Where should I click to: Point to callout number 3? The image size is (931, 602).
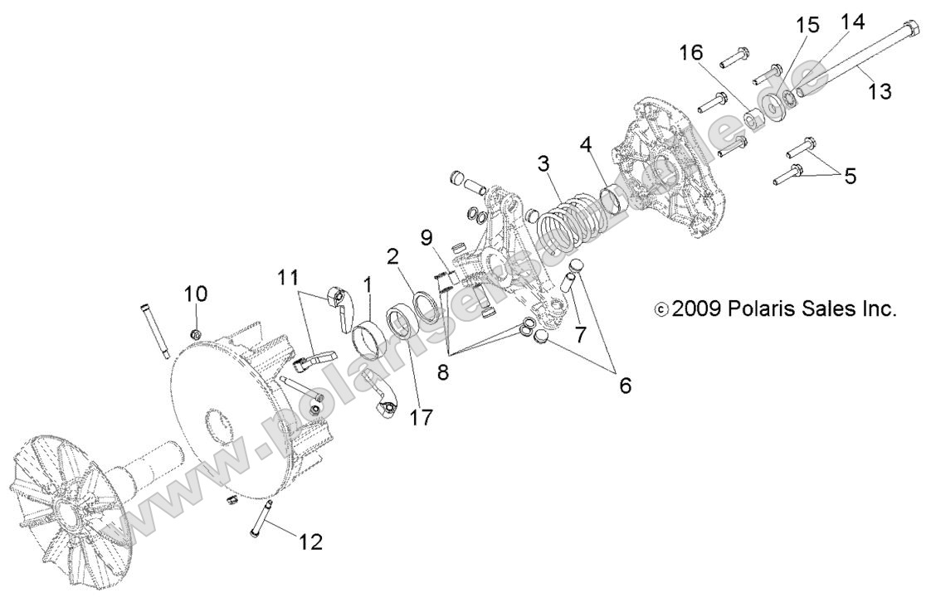(543, 163)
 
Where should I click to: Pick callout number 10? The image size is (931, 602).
(196, 294)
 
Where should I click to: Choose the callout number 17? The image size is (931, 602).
(421, 416)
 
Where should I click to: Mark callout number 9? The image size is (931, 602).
(426, 238)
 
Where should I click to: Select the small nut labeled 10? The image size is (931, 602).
(197, 334)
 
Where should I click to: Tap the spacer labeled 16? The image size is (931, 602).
(752, 118)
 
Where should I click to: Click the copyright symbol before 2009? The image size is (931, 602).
(660, 310)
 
